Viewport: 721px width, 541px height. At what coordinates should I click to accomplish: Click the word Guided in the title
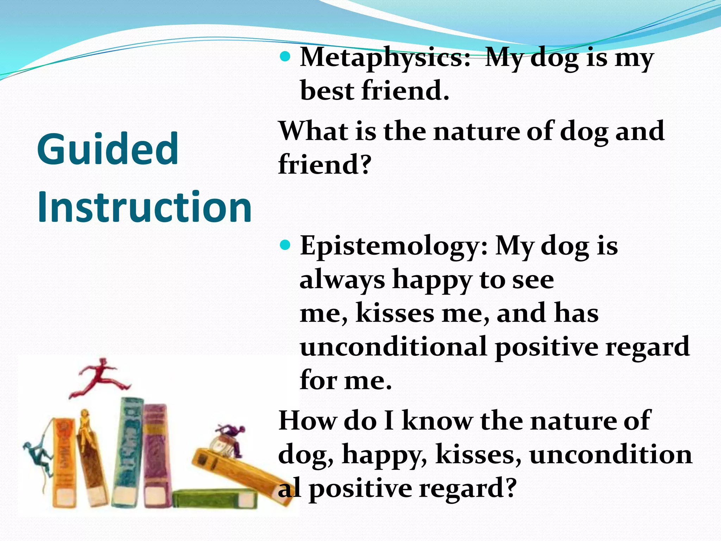[x=108, y=149]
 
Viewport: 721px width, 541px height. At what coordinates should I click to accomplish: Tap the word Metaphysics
[x=385, y=58]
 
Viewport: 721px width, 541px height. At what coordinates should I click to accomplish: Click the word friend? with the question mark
[x=325, y=164]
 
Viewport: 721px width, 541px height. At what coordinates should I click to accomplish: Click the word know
[x=437, y=421]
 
